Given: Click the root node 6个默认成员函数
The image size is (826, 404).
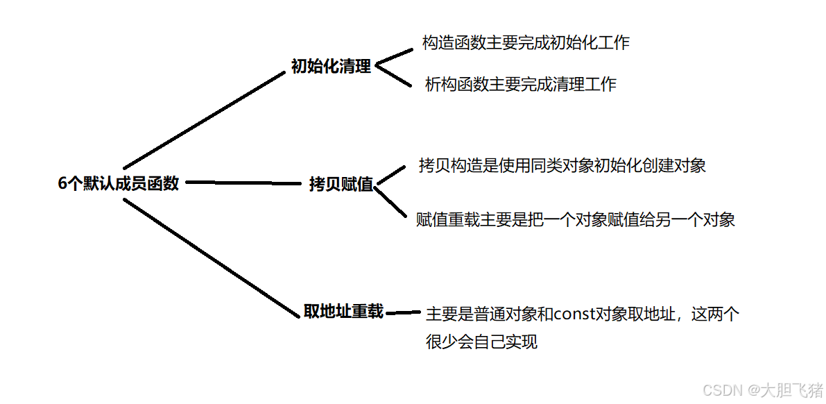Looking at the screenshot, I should coord(119,183).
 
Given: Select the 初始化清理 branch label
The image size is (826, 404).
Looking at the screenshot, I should coord(331,67).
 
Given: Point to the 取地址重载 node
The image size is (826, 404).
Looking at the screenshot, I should coord(343,311).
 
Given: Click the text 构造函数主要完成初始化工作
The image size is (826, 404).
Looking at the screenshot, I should coord(526,42).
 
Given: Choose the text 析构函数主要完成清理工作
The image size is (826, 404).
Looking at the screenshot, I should coord(520,85).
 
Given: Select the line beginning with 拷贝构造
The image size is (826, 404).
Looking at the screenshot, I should coord(562,165).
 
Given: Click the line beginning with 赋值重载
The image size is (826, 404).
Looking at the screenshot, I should coord(575,220).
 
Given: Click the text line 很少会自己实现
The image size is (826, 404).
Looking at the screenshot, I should coord(481,342).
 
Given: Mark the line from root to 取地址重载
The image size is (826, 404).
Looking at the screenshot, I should coord(208,257).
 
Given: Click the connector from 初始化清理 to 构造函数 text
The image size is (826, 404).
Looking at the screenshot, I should coord(393,57).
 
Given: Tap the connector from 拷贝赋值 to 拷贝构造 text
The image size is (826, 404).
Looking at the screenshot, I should coord(390,175).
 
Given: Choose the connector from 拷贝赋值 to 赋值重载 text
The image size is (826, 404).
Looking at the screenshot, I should coord(392,201).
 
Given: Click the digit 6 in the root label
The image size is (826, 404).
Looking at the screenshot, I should coord(62,183).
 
